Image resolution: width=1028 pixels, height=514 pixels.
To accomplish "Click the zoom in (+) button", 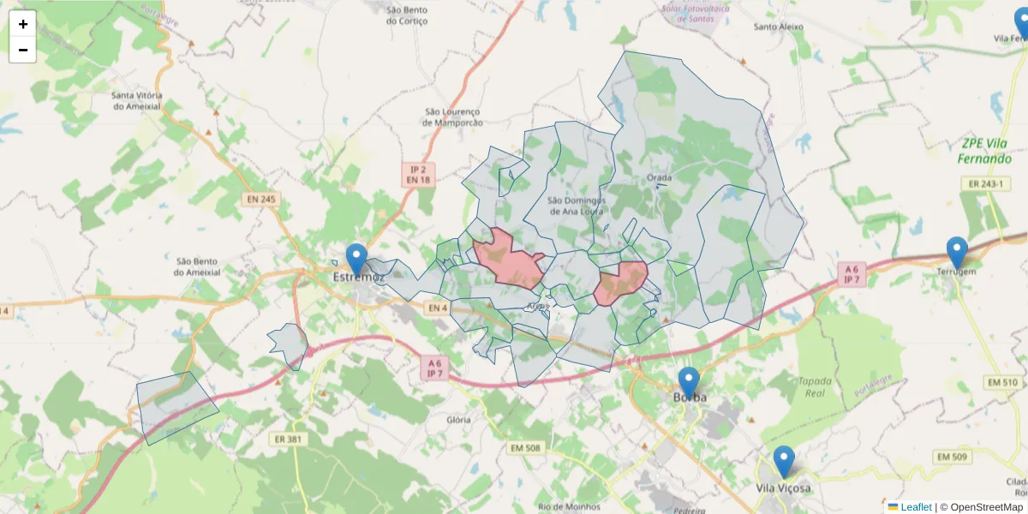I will click(x=23, y=24).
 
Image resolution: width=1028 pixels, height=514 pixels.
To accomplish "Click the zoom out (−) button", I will click(x=23, y=50).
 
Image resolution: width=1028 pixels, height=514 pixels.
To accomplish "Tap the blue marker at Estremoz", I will click(x=356, y=259).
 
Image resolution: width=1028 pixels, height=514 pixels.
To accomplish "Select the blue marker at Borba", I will click(x=689, y=382).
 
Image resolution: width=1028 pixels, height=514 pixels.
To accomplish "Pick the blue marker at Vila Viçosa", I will click(x=784, y=461).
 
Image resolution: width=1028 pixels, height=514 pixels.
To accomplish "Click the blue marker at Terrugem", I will click(x=957, y=252).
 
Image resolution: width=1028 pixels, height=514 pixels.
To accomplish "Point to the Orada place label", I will click(x=659, y=178).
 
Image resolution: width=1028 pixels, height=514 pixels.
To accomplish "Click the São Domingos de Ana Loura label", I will click(x=575, y=206).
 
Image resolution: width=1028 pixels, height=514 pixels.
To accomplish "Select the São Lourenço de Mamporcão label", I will click(x=453, y=117).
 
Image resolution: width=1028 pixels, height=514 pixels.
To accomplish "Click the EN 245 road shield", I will click(x=261, y=200).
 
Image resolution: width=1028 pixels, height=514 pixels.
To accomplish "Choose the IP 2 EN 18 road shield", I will click(x=419, y=175).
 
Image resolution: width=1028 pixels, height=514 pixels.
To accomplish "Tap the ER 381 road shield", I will click(x=288, y=439).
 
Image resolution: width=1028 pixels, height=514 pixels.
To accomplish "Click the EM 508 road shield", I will click(x=525, y=447).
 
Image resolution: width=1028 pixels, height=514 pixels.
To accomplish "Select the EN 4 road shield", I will click(x=437, y=308).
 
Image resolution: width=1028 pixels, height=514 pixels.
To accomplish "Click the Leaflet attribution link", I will click(x=916, y=507).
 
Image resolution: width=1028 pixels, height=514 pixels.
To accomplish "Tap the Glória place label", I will click(x=458, y=420).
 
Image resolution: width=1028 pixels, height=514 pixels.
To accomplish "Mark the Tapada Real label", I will click(x=815, y=387).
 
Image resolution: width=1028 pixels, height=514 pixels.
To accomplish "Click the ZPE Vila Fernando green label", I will click(x=985, y=152).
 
